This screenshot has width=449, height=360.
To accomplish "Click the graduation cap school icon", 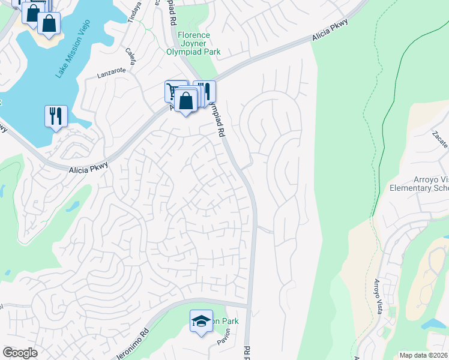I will pyautogui.click(x=202, y=320).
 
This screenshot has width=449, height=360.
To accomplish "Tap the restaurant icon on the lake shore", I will pyautogui.click(x=56, y=115).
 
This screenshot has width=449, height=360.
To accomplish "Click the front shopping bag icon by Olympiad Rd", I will pyautogui.click(x=187, y=100).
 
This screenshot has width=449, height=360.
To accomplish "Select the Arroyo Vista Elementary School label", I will pyautogui.click(x=419, y=184).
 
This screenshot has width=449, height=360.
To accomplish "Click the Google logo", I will pyautogui.click(x=20, y=352).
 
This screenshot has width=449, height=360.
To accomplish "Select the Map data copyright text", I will pyautogui.click(x=423, y=355).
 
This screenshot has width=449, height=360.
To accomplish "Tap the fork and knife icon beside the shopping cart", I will pyautogui.click(x=205, y=91).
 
